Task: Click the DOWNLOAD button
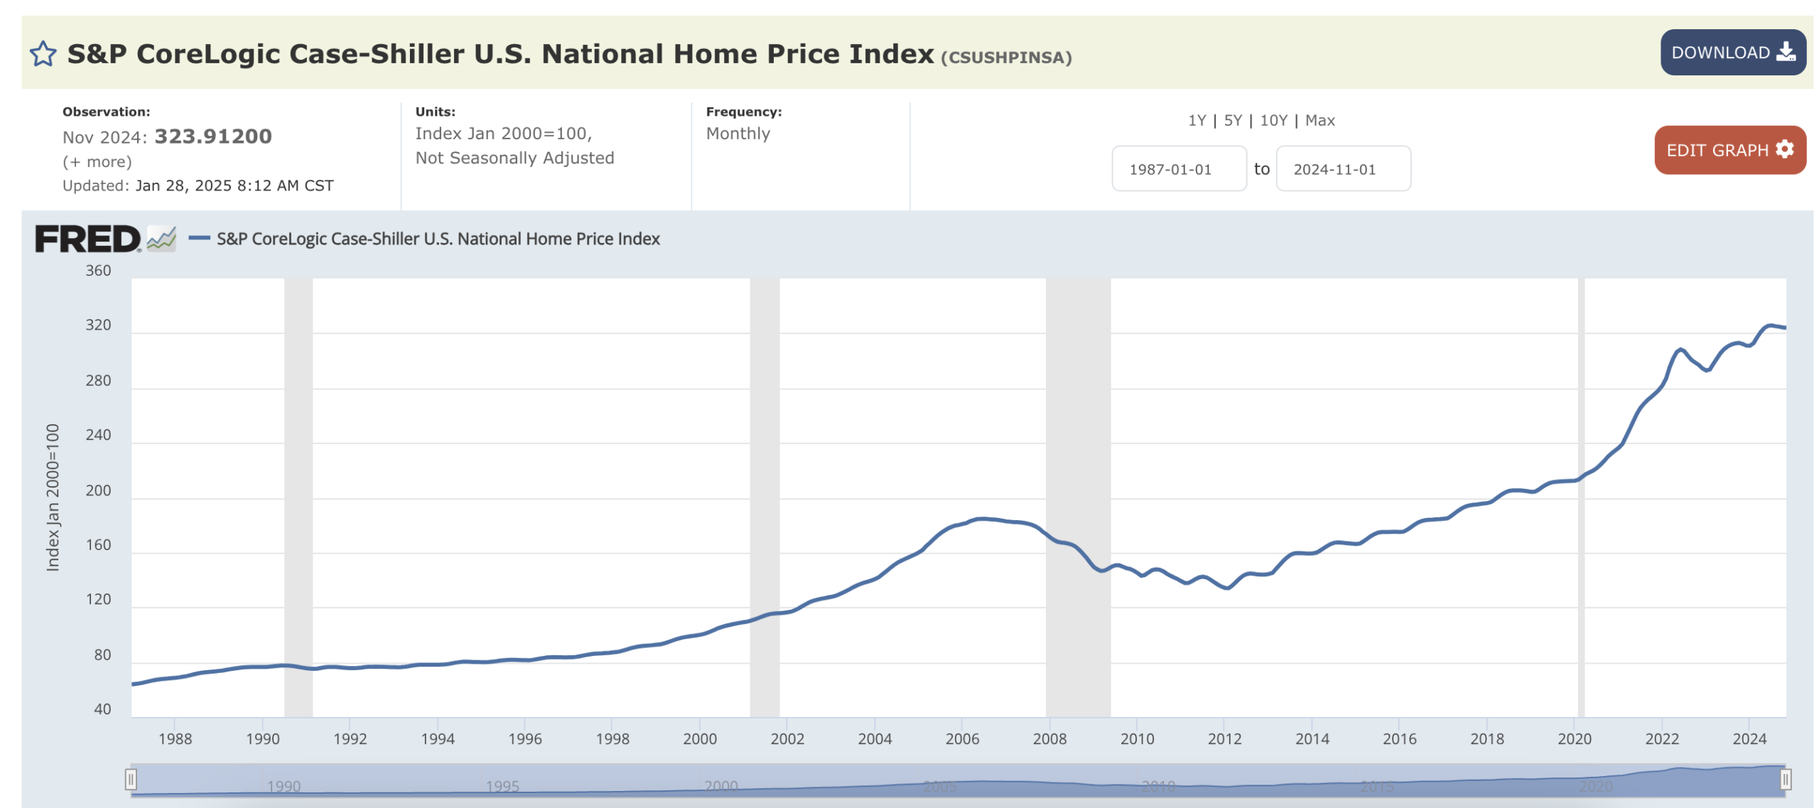pos(1732,53)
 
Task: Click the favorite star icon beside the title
pos(43,54)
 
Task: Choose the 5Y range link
pos(1232,121)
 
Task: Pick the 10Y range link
pos(1273,121)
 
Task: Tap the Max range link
pos(1319,121)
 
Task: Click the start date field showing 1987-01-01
pos(1177,169)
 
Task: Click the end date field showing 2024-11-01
pos(1342,169)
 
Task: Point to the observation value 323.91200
pos(212,136)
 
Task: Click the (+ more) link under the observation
pos(97,162)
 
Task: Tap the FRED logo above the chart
pos(88,239)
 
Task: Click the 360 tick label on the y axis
pos(98,271)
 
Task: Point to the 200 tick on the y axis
pos(98,490)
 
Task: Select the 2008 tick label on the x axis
pos(1049,739)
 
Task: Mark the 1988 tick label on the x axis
pos(175,739)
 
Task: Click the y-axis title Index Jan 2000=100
pos(53,497)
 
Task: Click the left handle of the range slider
pos(131,780)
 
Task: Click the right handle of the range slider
pos(1784,780)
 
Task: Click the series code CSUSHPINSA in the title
pos(1005,58)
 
